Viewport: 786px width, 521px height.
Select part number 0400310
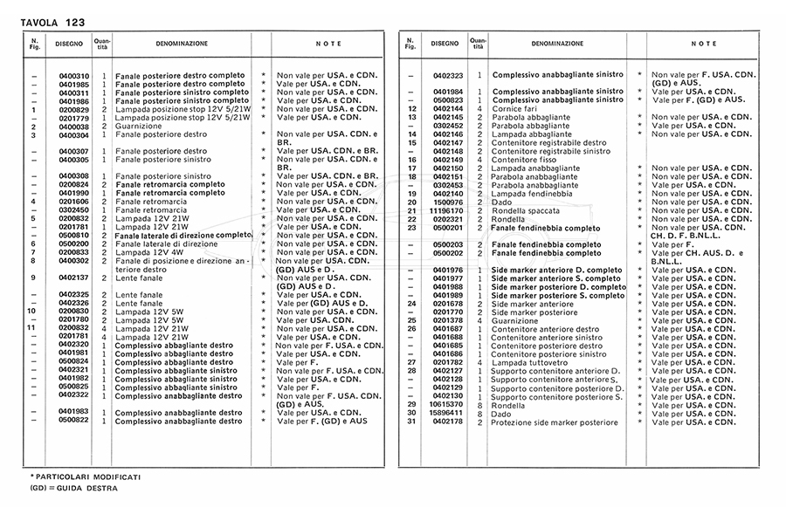(73, 75)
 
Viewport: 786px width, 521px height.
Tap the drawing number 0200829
(73, 109)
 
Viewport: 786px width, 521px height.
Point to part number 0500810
(73, 235)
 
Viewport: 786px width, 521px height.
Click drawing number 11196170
(448, 209)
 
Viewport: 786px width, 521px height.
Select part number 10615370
(448, 404)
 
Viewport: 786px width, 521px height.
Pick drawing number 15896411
(448, 413)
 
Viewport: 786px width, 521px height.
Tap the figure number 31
(410, 422)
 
